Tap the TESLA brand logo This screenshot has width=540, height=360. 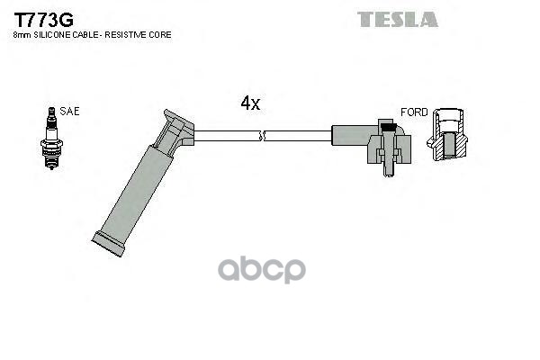(x=398, y=19)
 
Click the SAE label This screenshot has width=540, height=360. (x=69, y=112)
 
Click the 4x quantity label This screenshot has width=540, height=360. (x=249, y=103)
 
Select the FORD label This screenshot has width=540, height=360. (x=414, y=112)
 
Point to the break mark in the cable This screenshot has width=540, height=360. (x=262, y=136)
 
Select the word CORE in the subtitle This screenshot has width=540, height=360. (x=162, y=34)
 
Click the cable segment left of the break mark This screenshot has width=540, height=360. (x=225, y=136)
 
